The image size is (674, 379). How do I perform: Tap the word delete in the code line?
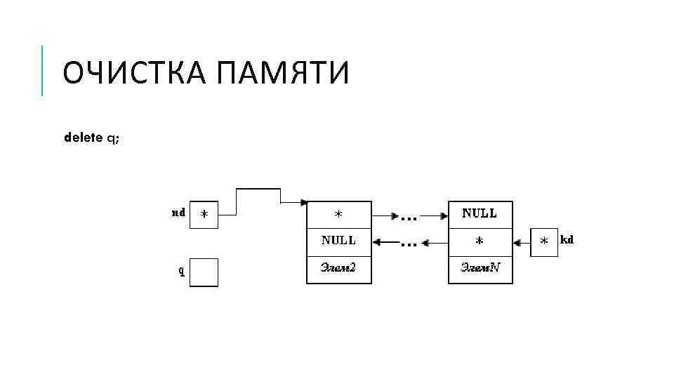coord(84,138)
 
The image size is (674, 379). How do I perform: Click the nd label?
coord(178,212)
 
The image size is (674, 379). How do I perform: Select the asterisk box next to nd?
coord(204,215)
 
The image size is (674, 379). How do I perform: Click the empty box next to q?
coord(204,272)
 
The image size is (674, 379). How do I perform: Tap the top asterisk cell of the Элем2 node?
coord(338,214)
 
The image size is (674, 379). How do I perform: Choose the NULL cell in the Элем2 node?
coord(338,241)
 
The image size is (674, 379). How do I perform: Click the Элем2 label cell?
coord(338,268)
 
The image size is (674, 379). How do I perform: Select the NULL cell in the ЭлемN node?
coord(480,214)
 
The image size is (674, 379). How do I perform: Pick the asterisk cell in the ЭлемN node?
coord(480,241)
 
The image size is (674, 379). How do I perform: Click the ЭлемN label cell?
coord(480,268)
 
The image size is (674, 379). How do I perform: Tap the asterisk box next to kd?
coord(544,242)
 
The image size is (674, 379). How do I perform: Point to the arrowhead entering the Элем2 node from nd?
coord(303,203)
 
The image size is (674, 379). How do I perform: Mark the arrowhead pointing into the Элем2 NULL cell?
coord(376,243)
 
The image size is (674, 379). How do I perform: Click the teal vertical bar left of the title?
coord(42,70)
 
